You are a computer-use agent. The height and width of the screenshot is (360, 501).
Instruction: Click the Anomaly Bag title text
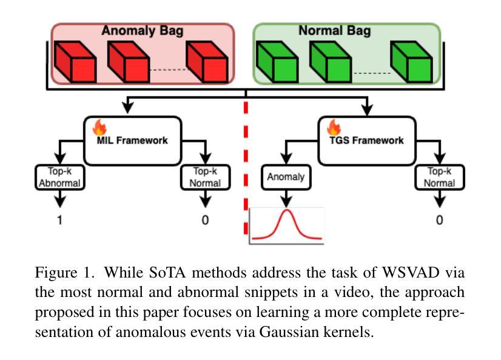pyautogui.click(x=143, y=31)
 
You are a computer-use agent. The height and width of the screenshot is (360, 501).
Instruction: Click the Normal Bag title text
pyautogui.click(x=335, y=31)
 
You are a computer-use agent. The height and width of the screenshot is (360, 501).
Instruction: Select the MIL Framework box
pyautogui.click(x=133, y=141)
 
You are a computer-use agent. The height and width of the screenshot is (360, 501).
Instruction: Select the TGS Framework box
pyautogui.click(x=367, y=141)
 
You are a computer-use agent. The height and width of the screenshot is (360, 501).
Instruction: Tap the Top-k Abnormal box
pyautogui.click(x=60, y=177)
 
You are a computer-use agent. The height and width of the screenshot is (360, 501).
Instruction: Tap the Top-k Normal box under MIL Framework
pyautogui.click(x=206, y=177)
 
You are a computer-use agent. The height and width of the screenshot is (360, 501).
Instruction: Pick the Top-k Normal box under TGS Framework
pyautogui.click(x=440, y=177)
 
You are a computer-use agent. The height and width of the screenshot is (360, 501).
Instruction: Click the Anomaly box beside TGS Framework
pyautogui.click(x=286, y=177)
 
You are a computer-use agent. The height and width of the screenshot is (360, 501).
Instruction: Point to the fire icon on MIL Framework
pyautogui.click(x=99, y=127)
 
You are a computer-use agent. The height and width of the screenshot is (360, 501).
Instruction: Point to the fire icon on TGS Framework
pyautogui.click(x=334, y=127)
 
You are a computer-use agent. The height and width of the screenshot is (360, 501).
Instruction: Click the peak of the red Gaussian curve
pyautogui.click(x=287, y=210)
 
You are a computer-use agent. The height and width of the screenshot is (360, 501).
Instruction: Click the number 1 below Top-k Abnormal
pyautogui.click(x=60, y=220)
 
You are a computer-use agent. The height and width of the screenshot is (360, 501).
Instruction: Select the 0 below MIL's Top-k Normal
pyautogui.click(x=205, y=220)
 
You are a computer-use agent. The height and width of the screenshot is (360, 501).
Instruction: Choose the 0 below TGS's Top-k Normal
pyautogui.click(x=439, y=220)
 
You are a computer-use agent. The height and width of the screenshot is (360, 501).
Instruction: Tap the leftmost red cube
pyautogui.click(x=75, y=62)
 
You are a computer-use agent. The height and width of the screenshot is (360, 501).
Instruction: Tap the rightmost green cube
pyautogui.click(x=411, y=62)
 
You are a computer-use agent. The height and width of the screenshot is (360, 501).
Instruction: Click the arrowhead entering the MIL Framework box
pyautogui.click(x=128, y=108)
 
